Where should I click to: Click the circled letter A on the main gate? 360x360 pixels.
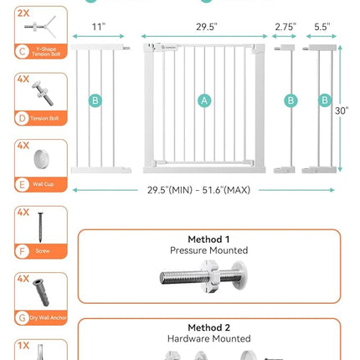pos(204,100)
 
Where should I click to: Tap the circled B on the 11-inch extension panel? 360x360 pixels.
pos(95,100)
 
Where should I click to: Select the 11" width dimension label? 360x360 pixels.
pos(99,27)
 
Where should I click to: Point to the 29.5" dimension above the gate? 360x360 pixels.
pos(206,27)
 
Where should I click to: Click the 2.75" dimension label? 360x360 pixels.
pos(285,27)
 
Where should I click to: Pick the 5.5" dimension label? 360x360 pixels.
pos(322,27)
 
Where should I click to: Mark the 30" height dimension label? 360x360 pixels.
pos(342,110)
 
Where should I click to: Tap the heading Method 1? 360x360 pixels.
pos(208,239)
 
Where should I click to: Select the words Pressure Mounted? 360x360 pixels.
pos(208,250)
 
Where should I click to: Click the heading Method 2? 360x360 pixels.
pos(208,327)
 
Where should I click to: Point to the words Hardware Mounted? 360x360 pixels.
pos(208,339)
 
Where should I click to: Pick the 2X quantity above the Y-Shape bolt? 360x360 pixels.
pos(23,13)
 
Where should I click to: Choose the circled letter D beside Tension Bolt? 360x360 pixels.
pos(23,118)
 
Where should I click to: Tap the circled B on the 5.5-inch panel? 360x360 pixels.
pos(325,100)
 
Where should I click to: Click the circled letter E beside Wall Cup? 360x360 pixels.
pos(23,184)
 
